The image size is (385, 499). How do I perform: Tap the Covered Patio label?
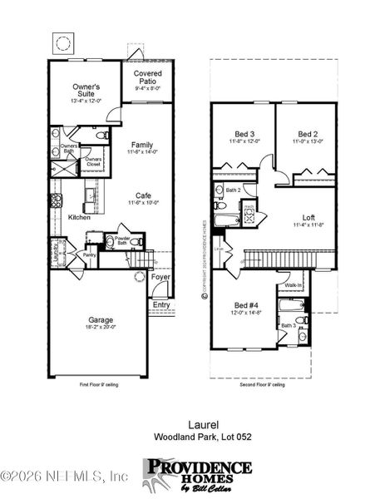coord(147,77)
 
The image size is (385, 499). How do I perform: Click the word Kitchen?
coord(79,217)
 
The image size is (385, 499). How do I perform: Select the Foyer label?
coord(160,277)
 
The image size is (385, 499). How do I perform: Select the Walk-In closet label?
coord(294,284)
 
